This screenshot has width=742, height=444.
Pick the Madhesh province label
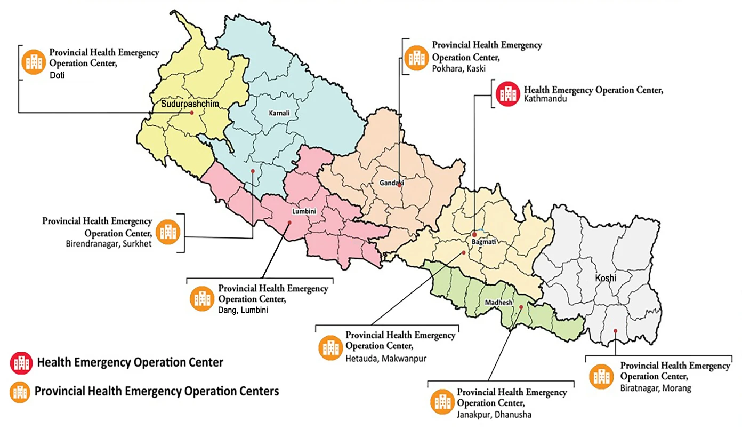click(x=498, y=303)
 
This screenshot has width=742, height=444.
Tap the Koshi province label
click(x=606, y=279)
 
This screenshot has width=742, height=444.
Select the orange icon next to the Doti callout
click(x=33, y=61)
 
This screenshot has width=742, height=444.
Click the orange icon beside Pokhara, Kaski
click(x=415, y=57)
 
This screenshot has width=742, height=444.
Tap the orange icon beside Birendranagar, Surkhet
click(x=170, y=231)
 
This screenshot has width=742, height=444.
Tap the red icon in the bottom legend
click(x=21, y=363)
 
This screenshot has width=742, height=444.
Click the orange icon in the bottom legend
click(x=21, y=392)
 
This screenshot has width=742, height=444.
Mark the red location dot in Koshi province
click(x=615, y=331)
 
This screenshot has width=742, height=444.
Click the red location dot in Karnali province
click(x=253, y=171)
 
